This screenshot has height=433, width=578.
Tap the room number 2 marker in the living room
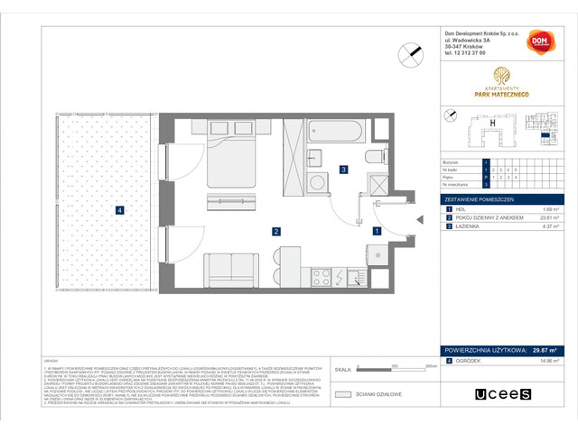point(263,232)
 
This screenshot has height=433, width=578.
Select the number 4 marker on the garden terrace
point(119,211)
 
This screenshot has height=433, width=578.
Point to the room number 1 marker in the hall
point(377,232)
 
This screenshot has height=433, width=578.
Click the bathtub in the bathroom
point(335,134)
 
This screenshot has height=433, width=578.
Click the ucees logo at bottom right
point(504,393)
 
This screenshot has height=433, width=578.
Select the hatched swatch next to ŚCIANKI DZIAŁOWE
point(341,393)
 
